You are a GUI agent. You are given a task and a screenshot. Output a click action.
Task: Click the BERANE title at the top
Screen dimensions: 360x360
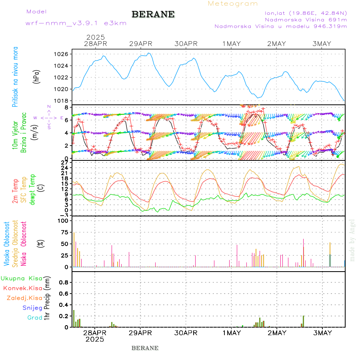tap(153, 14)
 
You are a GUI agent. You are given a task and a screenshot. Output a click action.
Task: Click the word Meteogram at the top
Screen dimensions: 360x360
tap(233, 4)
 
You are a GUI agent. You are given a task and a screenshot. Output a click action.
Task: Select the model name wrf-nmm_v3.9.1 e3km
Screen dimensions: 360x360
tap(76, 23)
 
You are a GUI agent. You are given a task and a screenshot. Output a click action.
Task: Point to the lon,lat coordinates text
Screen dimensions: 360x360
tap(303, 13)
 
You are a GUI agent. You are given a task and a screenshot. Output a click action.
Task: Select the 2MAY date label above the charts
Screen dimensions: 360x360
tap(276, 44)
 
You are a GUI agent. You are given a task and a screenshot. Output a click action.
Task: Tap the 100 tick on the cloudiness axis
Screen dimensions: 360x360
tap(64, 220)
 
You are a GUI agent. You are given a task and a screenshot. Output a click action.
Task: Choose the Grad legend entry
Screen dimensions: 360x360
tap(35, 318)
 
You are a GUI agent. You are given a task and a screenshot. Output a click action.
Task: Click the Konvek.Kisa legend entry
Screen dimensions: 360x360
tap(23, 288)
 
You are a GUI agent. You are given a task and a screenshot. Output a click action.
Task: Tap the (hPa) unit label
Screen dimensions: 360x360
tap(36, 76)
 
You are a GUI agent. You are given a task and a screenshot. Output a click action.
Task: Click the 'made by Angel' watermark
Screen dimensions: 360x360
tap(352, 240)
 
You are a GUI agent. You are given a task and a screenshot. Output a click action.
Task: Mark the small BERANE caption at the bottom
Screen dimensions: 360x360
tap(145, 348)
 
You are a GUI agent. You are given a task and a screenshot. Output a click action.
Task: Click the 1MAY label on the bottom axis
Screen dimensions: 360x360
tap(231, 333)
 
